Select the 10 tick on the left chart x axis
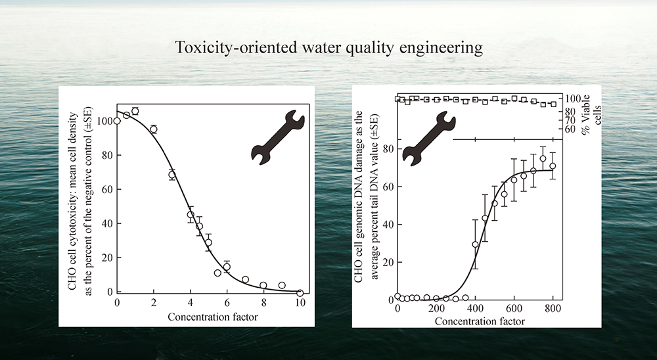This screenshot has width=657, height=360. pos(300,304)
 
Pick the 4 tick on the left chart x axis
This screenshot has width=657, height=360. pos(191,304)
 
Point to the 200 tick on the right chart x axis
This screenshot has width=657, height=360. pos(436,309)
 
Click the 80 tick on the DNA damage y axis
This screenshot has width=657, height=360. pos(388,149)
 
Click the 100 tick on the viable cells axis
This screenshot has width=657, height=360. pos(572,99)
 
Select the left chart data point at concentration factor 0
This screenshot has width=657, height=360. pos(117,121)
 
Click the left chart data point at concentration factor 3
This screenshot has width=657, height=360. pos(172,175)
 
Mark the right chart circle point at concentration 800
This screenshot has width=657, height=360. pos(553,166)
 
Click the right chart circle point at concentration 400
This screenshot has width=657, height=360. pos(475,244)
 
